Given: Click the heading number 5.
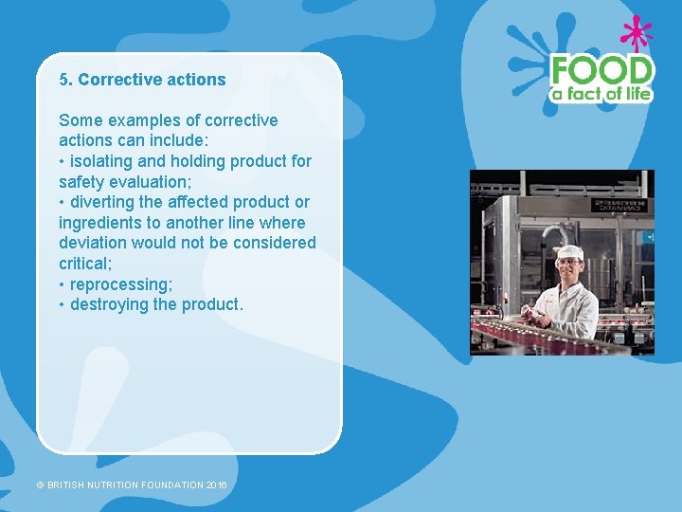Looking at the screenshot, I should pyautogui.click(x=64, y=80).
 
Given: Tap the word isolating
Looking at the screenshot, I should pyautogui.click(x=104, y=161).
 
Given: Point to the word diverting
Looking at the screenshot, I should pyautogui.click(x=103, y=202).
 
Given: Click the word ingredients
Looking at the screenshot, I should pyautogui.click(x=99, y=223).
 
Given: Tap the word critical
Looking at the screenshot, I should pyautogui.click(x=84, y=263).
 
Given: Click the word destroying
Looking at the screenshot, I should pyautogui.click(x=109, y=304).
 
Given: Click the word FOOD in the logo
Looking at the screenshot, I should pyautogui.click(x=601, y=70).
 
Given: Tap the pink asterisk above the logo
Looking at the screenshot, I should pyautogui.click(x=636, y=33).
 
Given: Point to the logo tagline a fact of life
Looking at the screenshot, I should pyautogui.click(x=601, y=94).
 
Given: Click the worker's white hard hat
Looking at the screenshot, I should pyautogui.click(x=568, y=251).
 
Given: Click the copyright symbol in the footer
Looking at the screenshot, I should pyautogui.click(x=41, y=485).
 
